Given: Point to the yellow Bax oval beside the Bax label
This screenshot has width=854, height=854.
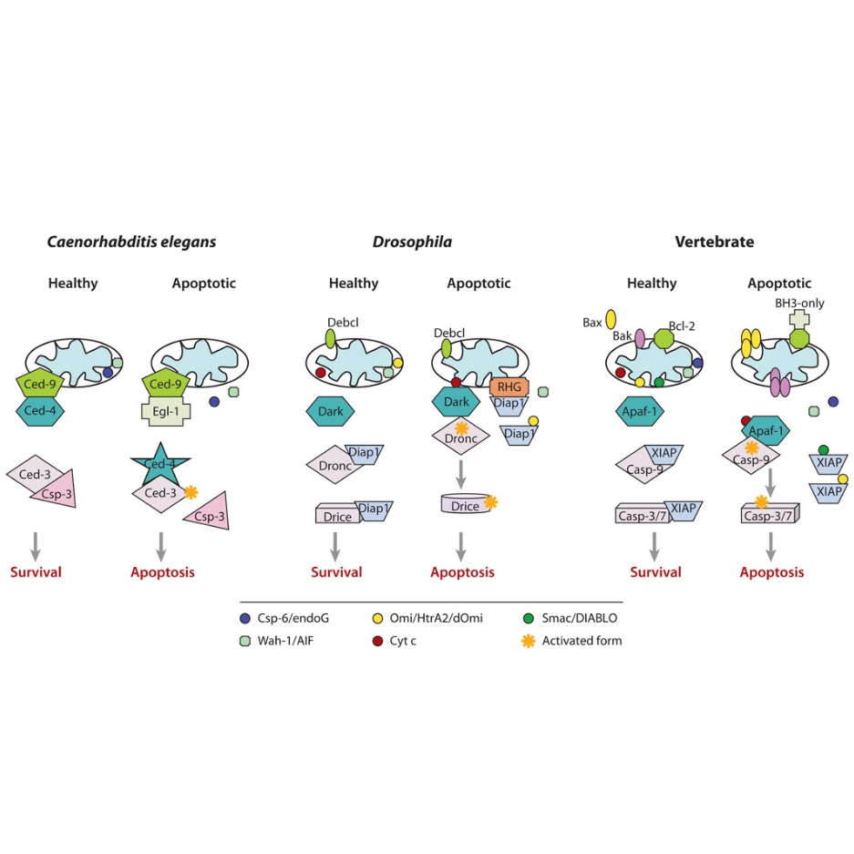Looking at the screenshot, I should pos(611,318).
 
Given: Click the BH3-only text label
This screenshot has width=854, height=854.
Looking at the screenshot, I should pos(799,304).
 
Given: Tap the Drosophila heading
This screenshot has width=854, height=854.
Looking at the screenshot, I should pos(411,242).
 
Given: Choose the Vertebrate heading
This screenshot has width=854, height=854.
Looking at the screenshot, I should pos(714,242).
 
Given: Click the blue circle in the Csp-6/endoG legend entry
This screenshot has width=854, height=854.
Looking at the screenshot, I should pos(245,619).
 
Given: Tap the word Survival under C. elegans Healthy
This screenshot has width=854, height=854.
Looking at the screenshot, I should pos(36,572).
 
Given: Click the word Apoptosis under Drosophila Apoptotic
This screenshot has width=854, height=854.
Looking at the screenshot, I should pos(462,572).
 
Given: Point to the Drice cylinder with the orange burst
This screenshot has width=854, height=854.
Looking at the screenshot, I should pos(465,505).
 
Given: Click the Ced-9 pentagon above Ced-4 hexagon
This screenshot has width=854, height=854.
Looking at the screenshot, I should pos(42,385).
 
